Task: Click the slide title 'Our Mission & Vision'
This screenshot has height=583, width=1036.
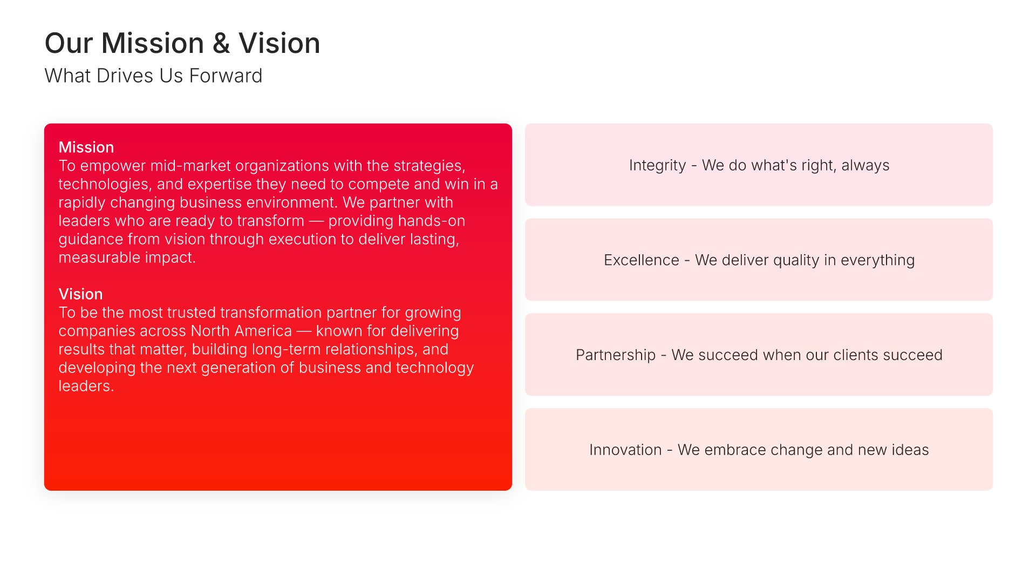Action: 182,43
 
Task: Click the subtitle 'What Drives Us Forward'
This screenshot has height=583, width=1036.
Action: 153,76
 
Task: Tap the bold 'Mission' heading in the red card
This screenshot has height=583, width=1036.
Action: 86,147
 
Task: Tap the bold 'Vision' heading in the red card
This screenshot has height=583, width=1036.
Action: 80,294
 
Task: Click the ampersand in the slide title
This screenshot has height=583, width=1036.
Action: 221,43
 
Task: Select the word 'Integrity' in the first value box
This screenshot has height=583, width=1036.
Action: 657,165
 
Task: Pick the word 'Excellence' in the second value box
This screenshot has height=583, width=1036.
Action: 641,260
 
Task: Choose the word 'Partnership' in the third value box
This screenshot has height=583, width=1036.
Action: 616,355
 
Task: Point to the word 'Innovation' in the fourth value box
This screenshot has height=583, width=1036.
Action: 625,450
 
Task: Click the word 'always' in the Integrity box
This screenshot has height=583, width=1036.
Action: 865,166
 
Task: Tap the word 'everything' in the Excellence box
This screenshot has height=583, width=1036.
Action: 877,261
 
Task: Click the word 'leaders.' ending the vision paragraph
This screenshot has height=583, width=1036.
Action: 86,386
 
